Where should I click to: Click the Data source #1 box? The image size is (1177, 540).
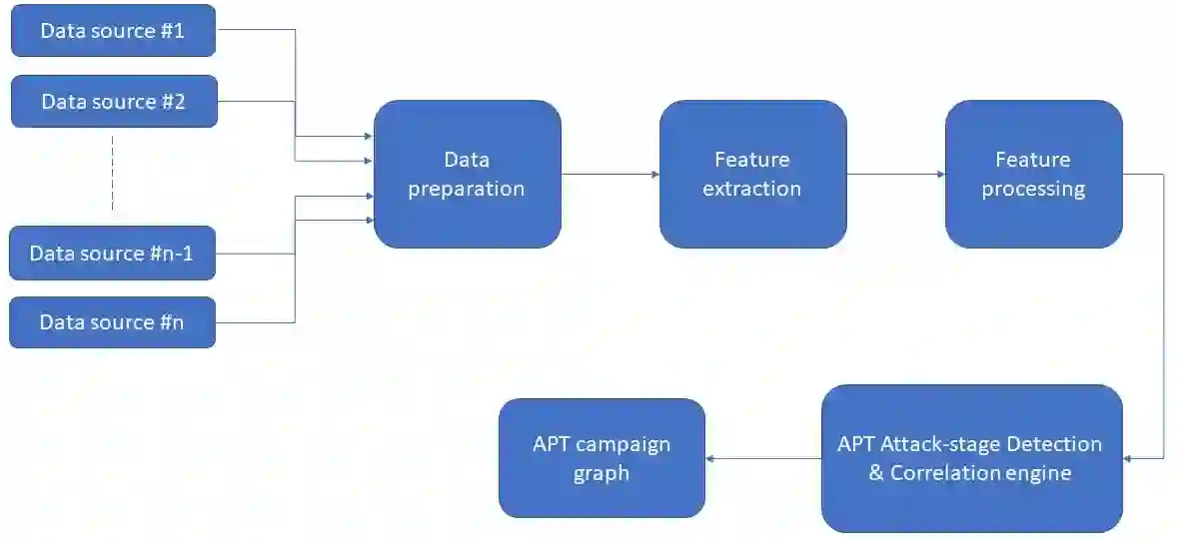[113, 31]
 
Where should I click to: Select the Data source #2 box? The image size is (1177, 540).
[114, 102]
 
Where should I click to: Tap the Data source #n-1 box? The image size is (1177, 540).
[112, 254]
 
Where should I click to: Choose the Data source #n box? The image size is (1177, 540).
[112, 322]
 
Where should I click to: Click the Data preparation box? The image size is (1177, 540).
[467, 174]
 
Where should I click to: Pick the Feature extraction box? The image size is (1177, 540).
[752, 174]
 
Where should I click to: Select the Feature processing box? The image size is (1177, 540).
[1033, 174]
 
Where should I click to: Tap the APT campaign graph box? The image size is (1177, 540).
[601, 458]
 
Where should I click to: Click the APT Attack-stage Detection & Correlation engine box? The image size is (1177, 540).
[971, 458]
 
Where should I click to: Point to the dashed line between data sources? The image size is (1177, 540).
[113, 174]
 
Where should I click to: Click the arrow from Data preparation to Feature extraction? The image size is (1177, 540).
[609, 175]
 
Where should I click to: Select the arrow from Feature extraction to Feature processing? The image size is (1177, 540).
[896, 175]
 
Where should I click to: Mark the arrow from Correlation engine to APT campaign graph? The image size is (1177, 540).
[763, 458]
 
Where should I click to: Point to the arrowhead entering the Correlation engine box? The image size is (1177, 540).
[1129, 458]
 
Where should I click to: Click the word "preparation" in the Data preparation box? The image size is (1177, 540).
[467, 189]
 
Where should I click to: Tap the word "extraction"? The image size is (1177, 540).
[752, 189]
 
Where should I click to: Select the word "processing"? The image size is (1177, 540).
[1033, 189]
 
